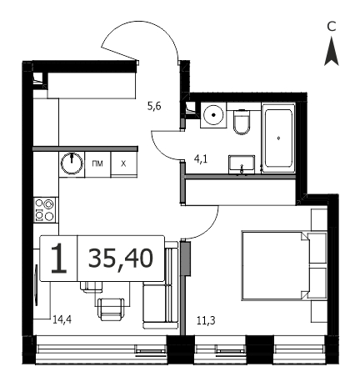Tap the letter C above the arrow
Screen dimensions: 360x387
tap(332, 27)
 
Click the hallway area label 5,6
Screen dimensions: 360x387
tap(154, 106)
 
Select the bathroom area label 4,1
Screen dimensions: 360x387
tap(201, 159)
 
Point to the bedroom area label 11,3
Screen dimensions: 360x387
tap(206, 321)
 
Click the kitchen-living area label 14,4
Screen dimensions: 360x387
tap(62, 319)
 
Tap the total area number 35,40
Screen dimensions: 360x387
tap(121, 259)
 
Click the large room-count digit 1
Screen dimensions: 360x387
tap(59, 259)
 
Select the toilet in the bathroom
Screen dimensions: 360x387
tap(242, 122)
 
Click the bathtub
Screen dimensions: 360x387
tap(278, 138)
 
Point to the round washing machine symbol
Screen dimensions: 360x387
tap(213, 115)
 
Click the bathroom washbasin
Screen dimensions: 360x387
tap(242, 164)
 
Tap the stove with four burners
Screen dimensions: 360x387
tap(44, 210)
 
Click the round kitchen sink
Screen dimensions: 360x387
tap(72, 163)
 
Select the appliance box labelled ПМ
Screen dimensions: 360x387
tap(97, 164)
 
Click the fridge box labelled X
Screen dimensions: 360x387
tap(124, 164)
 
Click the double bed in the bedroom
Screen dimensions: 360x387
tap(276, 265)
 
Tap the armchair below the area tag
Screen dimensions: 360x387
tap(111, 309)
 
